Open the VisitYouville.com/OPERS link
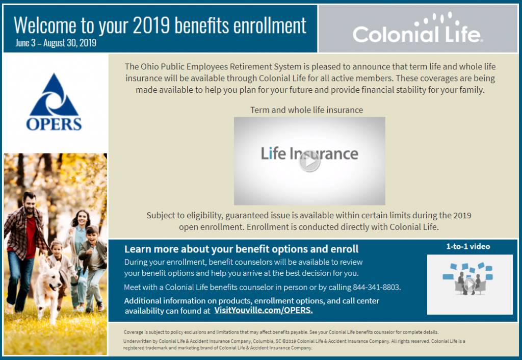pyautogui.click(x=264, y=310)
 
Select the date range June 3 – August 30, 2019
pyautogui.click(x=56, y=43)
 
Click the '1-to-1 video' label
pyautogui.click(x=468, y=247)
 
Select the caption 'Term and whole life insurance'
pyautogui.click(x=306, y=110)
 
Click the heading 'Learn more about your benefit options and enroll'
pyautogui.click(x=241, y=249)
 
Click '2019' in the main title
pyautogui.click(x=153, y=25)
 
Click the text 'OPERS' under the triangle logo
pyautogui.click(x=54, y=124)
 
